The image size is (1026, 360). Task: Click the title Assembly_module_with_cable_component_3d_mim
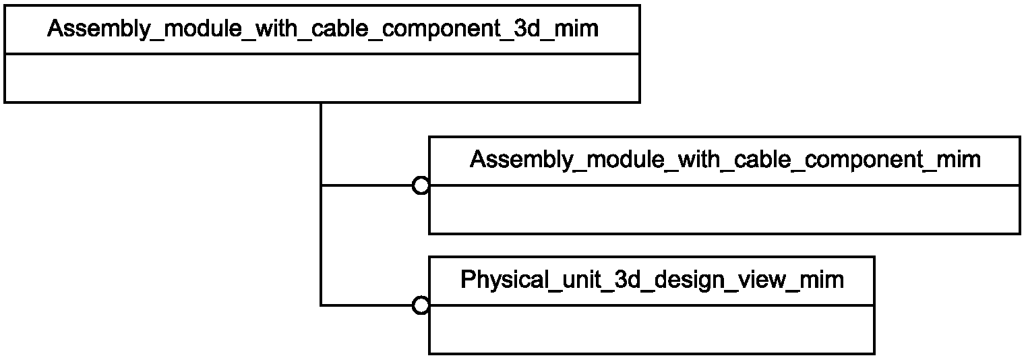click(323, 29)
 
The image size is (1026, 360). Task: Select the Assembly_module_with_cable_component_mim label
click(725, 160)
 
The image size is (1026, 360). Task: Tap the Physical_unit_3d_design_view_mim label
click(652, 279)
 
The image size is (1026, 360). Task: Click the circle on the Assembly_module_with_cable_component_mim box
click(421, 185)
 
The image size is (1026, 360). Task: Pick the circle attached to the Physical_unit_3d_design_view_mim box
click(421, 305)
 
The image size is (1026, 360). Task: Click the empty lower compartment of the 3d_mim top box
click(322, 78)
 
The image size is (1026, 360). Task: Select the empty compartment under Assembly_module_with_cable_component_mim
click(725, 209)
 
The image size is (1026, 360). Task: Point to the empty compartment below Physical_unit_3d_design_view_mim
click(651, 329)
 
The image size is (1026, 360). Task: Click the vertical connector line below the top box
click(321, 204)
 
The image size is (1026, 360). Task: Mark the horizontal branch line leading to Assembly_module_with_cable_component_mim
click(367, 185)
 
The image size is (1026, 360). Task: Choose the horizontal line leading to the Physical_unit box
click(367, 305)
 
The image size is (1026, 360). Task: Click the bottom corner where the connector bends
click(321, 305)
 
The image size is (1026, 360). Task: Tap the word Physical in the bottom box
click(502, 279)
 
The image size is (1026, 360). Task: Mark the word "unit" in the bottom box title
click(579, 279)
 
